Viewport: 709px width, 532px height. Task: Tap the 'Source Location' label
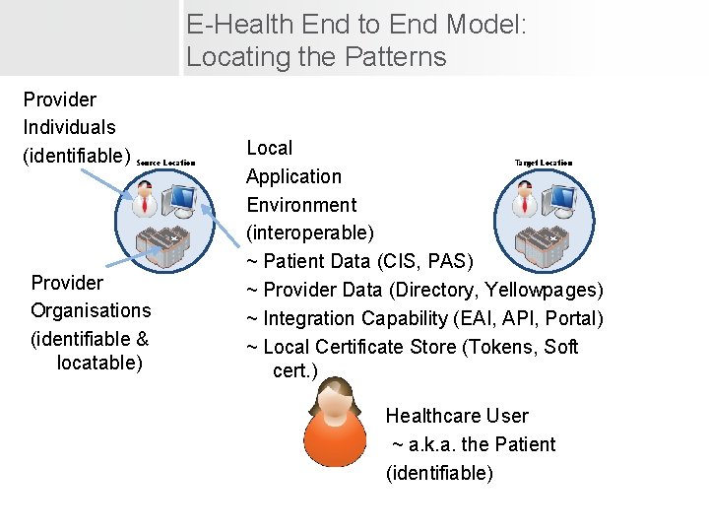click(x=165, y=163)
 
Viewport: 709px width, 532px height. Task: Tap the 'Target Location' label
click(x=543, y=163)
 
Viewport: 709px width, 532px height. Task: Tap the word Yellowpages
click(x=548, y=291)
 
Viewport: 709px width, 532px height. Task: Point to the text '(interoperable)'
click(x=309, y=233)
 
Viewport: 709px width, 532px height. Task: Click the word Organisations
click(x=91, y=311)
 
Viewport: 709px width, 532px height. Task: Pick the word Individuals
click(x=69, y=128)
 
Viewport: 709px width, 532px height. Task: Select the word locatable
click(x=99, y=364)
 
